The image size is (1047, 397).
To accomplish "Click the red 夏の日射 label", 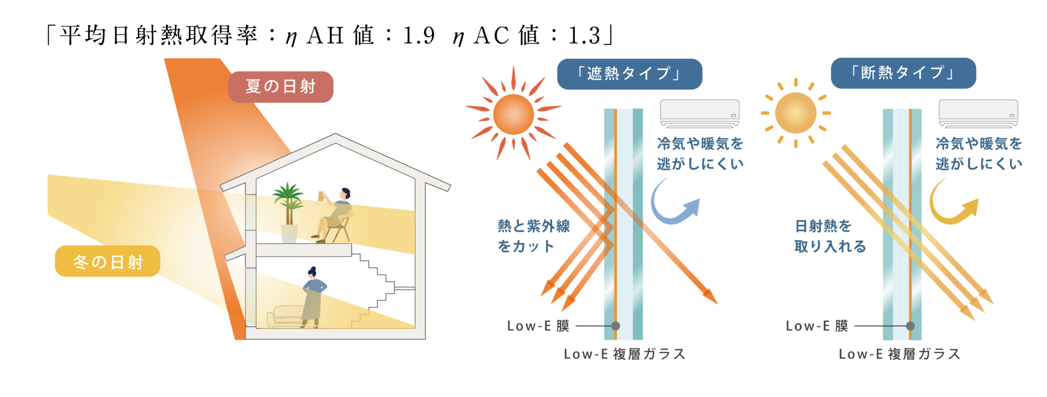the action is point(280,87).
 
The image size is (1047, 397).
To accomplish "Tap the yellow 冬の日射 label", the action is point(107,261).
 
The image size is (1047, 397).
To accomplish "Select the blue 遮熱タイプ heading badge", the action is point(629,74).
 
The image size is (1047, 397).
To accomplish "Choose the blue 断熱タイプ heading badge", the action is point(903,73).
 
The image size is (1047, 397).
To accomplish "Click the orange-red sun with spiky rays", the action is point(513,114).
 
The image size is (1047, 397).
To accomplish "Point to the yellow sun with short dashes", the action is point(796,113).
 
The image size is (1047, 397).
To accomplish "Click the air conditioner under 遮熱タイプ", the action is point(700,113).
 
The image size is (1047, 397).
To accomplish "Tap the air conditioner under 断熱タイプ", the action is point(978,113).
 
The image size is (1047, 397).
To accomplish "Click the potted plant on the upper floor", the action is point(288,212).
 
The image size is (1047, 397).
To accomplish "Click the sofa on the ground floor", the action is point(285,317).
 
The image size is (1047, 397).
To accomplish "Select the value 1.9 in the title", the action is point(419,36).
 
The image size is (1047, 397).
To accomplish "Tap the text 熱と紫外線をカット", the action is point(533,236).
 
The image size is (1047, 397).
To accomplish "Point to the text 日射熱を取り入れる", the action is point(830,236).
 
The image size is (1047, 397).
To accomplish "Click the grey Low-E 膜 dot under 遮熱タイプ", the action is point(616,326).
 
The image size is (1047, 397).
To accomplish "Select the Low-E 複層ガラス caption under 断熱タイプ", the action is point(900,355).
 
